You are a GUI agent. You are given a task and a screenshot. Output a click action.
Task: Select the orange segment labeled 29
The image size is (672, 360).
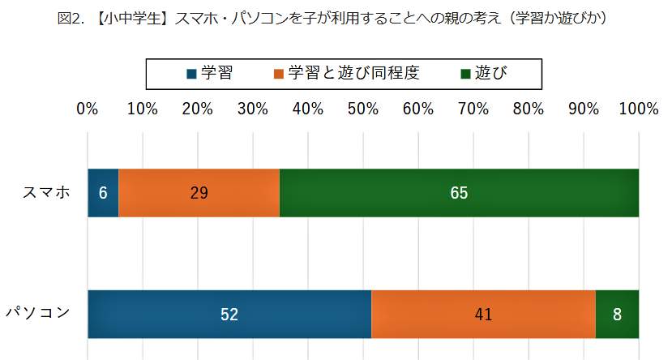199,193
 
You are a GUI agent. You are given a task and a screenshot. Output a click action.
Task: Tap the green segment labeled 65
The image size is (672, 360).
459,193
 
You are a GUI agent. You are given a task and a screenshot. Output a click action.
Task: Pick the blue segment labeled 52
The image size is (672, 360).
229,314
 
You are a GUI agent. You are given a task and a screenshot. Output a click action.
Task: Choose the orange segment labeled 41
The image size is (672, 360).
483,314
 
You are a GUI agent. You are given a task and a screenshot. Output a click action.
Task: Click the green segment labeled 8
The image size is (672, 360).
617,314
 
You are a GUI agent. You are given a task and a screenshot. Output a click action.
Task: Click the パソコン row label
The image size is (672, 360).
38,313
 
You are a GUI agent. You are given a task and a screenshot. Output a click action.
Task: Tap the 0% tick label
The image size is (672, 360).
88,109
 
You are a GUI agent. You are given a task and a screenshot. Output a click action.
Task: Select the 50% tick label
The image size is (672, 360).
363,109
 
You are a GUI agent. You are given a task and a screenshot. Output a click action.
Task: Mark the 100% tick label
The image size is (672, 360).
637,109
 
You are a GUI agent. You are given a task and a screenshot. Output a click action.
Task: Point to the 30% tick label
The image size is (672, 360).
253,109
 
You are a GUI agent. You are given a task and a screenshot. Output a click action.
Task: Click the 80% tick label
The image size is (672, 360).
529,109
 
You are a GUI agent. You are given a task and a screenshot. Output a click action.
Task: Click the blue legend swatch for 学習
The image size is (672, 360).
191,74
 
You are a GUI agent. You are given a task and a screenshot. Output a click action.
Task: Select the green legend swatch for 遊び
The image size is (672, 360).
465,74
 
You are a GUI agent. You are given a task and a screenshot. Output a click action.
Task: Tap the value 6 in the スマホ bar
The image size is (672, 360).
103,193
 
